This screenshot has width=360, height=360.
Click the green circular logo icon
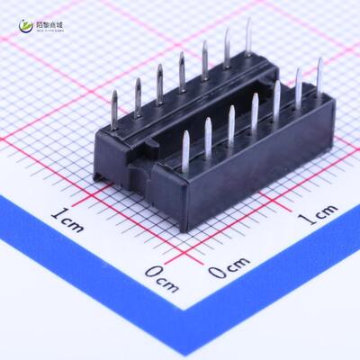click(21, 29)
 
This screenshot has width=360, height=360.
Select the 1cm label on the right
click(317, 214)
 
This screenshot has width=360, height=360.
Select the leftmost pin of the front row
click(185, 148)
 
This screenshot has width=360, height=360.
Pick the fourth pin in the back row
click(182, 72)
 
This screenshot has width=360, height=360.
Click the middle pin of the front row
click(255, 110)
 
